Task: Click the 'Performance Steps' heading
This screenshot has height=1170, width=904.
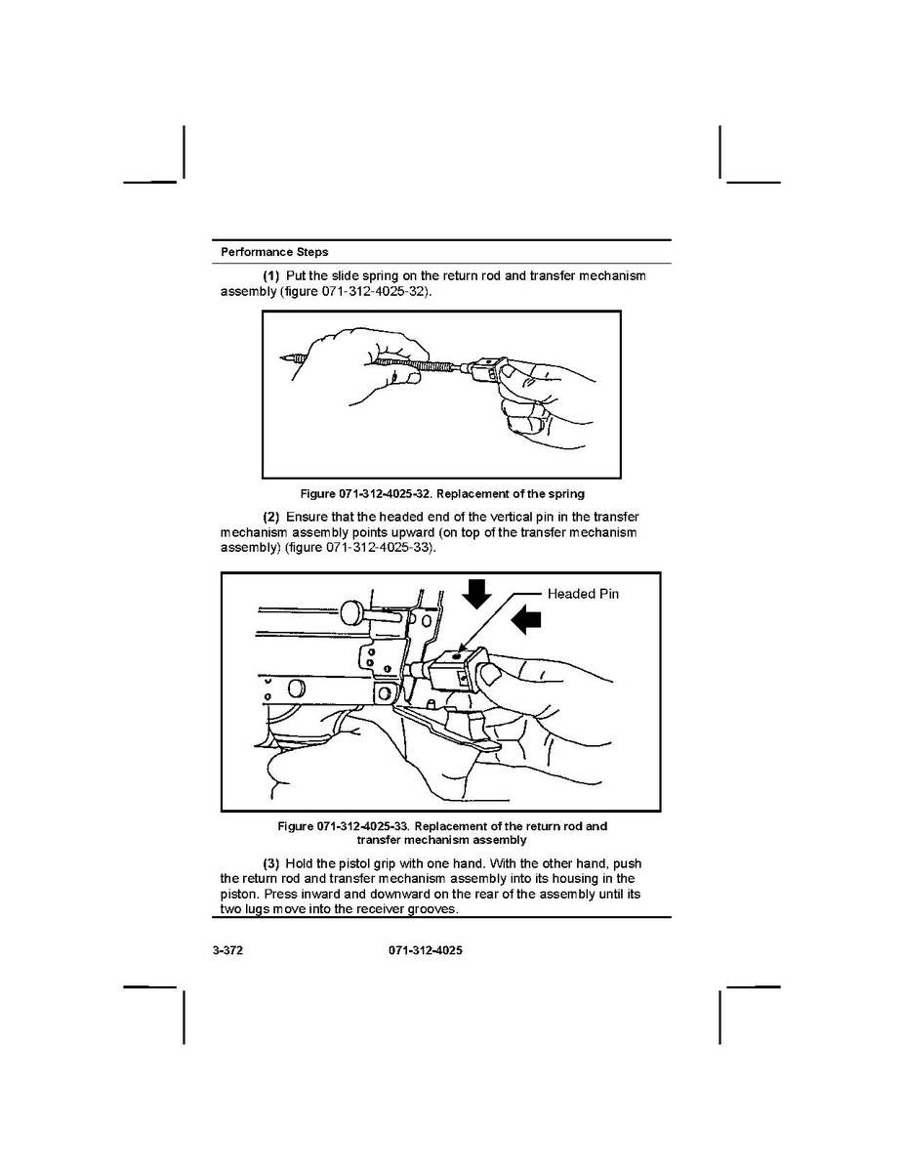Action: coord(274,252)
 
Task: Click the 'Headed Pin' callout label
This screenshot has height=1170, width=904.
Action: coord(583,594)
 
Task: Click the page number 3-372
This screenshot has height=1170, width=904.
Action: coord(227,950)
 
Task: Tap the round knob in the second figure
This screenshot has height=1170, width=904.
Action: coord(353,612)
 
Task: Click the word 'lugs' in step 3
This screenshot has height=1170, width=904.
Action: coord(255,908)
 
